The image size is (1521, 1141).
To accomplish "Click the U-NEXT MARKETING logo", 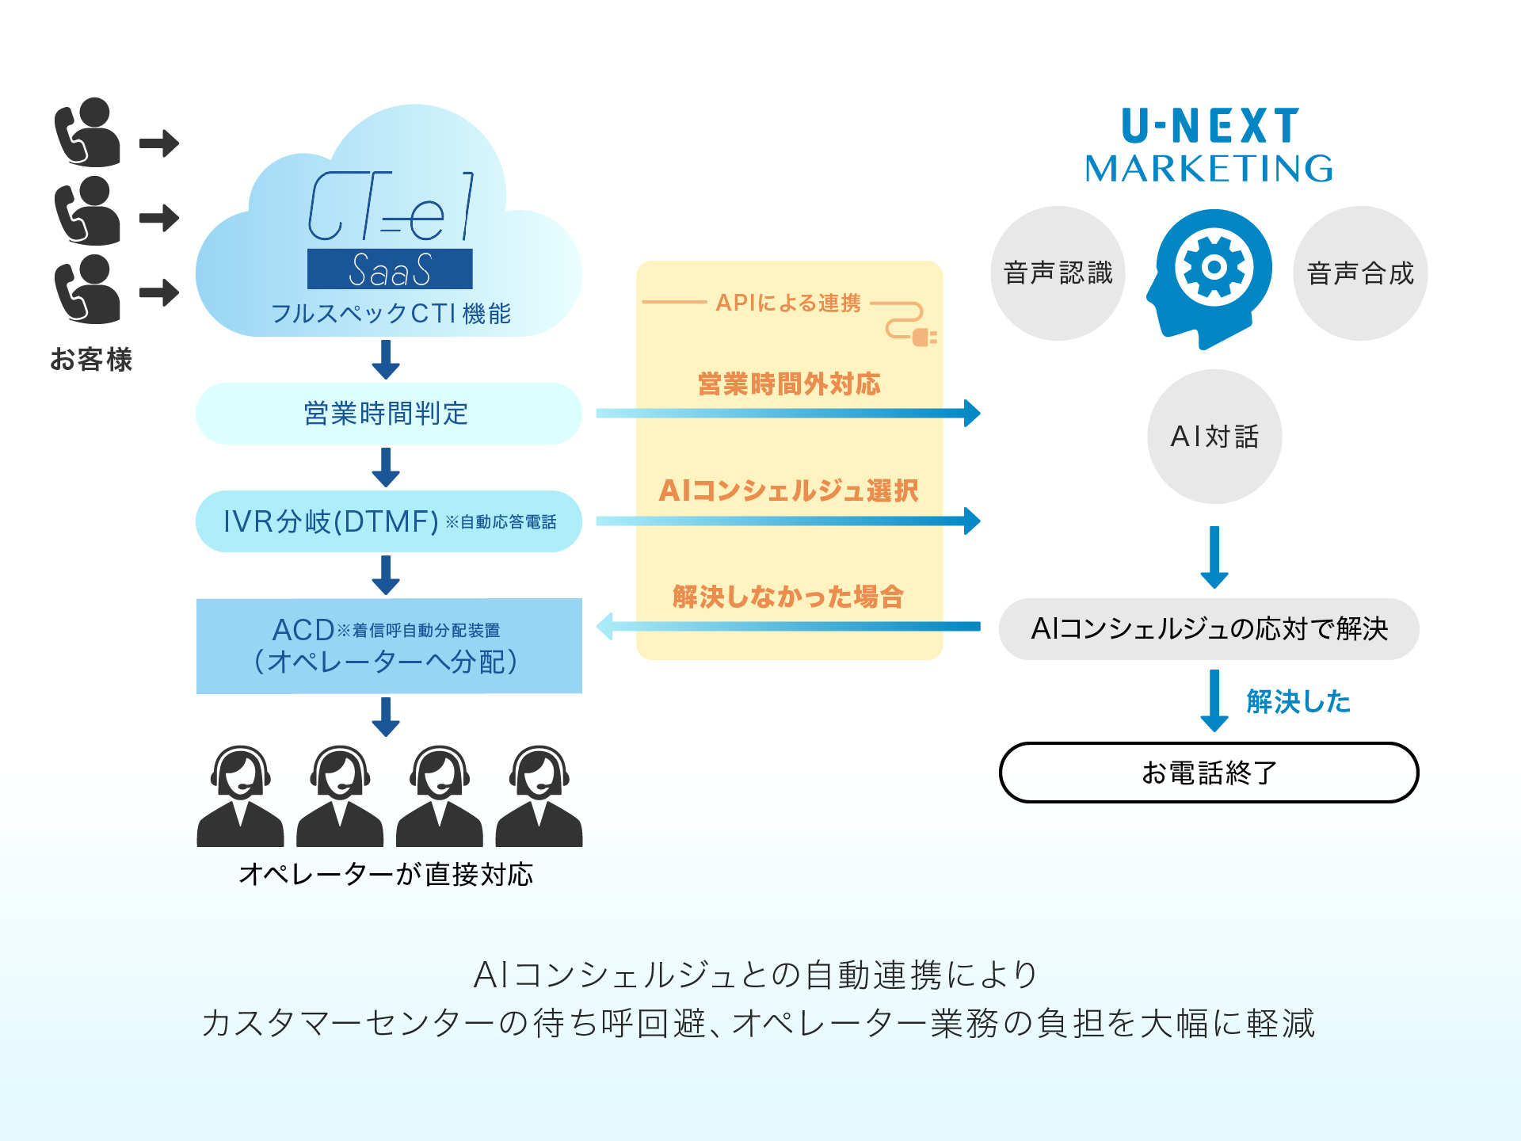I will click(1210, 146).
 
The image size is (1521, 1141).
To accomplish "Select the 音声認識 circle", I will click(1058, 273).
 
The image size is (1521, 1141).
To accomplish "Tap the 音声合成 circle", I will click(1359, 273).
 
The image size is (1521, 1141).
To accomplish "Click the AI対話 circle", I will click(1214, 436).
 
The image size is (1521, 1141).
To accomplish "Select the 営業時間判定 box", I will click(388, 414).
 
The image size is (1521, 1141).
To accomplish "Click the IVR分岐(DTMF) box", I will click(388, 521).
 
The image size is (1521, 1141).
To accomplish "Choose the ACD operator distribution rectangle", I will click(388, 646).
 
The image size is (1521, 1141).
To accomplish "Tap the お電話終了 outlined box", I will click(1208, 773).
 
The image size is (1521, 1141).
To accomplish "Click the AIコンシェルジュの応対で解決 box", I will click(1208, 629).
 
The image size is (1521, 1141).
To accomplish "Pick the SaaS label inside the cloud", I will click(390, 269).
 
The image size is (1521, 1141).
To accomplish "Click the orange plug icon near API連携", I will click(923, 338).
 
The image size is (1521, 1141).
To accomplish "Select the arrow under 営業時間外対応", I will click(788, 413).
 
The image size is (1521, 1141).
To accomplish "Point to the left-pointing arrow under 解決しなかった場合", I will click(788, 626).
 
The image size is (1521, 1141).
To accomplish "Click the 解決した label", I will click(1298, 702).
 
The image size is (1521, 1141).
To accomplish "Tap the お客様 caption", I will click(91, 360).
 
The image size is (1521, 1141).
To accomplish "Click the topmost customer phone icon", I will click(87, 132).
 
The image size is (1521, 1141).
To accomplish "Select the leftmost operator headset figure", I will click(240, 796).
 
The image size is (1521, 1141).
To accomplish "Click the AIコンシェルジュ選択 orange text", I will click(788, 490).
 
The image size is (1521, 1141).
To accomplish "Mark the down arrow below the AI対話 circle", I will click(1214, 556).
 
